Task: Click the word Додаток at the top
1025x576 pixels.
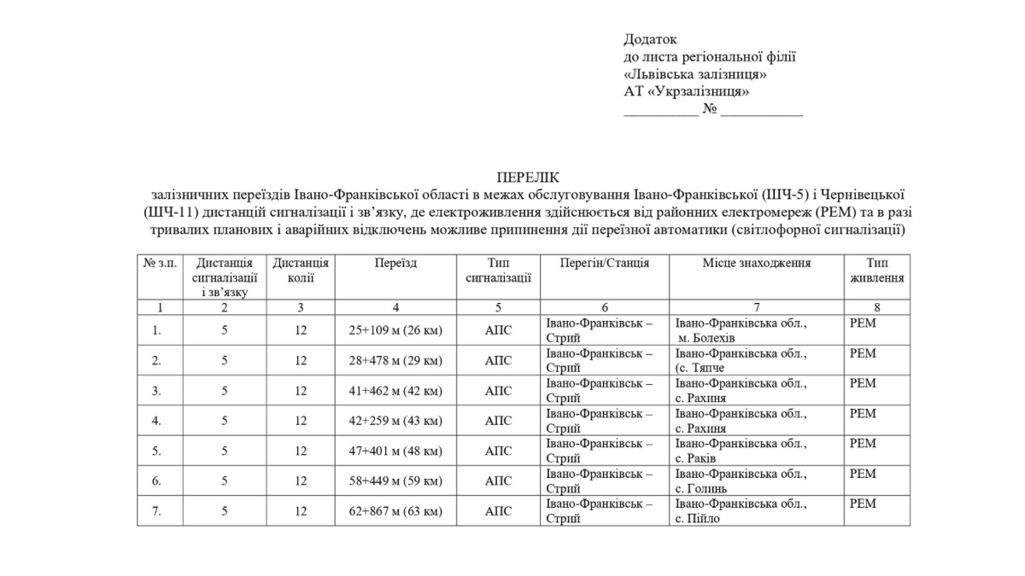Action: [650, 39]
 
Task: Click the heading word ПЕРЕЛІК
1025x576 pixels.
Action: [526, 177]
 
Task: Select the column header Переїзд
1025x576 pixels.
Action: [395, 264]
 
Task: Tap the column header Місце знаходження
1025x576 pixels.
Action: [756, 264]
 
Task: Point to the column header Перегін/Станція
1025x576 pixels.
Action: [604, 264]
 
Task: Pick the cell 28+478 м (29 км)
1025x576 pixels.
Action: [395, 360]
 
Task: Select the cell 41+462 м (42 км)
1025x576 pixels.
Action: [395, 391]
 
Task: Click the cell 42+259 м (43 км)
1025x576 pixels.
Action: [395, 421]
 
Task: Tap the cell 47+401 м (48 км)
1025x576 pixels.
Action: [395, 451]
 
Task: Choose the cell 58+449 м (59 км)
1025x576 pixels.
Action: [395, 480]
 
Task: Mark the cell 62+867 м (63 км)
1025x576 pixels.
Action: [395, 511]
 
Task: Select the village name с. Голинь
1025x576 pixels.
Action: [701, 488]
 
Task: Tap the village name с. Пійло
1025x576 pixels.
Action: [698, 518]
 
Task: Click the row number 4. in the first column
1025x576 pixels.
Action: [156, 421]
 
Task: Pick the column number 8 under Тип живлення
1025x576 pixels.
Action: [876, 307]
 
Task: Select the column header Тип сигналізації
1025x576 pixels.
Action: [498, 271]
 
